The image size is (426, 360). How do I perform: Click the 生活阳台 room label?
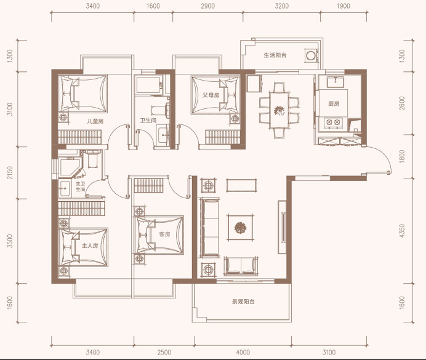click(x=275, y=55)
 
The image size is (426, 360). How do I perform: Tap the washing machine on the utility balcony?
click(x=311, y=55)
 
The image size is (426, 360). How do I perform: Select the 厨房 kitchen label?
click(x=334, y=104)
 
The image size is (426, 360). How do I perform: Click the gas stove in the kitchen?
click(x=333, y=122)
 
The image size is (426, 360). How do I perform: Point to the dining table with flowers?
click(x=279, y=110)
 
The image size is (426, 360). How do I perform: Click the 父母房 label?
click(x=211, y=95)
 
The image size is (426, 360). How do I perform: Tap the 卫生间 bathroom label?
click(x=148, y=120)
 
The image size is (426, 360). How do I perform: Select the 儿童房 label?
click(x=95, y=121)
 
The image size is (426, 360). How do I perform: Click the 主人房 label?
click(x=90, y=246)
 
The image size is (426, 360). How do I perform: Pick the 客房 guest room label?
click(x=164, y=234)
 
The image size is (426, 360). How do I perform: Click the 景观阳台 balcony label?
click(x=243, y=302)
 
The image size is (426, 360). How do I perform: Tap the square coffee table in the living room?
click(x=241, y=228)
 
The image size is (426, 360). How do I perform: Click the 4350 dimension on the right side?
click(x=402, y=231)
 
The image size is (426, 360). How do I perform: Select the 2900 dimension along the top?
click(x=208, y=6)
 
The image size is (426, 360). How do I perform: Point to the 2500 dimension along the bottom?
click(x=164, y=353)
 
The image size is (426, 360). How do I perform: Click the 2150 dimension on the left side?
click(x=10, y=173)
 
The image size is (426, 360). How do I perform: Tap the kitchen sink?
click(x=336, y=82)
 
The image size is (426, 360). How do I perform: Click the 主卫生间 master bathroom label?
click(x=81, y=186)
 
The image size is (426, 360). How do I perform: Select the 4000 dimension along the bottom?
click(x=243, y=353)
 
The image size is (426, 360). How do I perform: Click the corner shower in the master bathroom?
click(x=70, y=167)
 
